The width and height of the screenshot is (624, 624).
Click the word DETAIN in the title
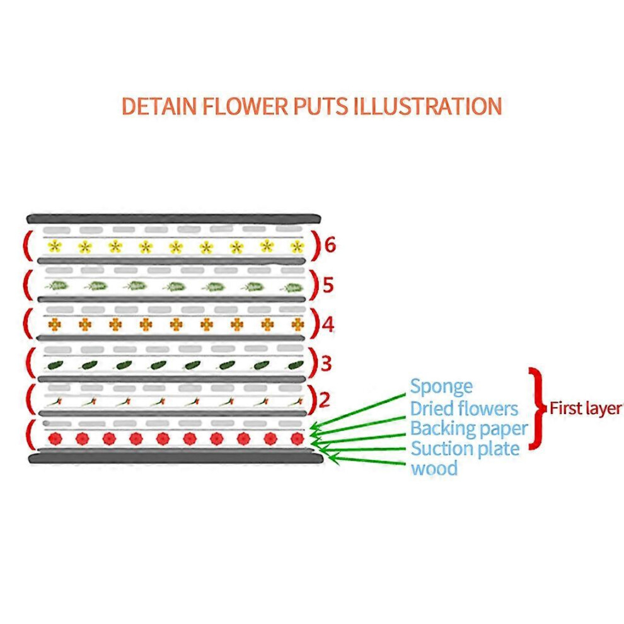pyautogui.click(x=159, y=107)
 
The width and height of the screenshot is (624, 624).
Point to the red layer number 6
pyautogui.click(x=330, y=245)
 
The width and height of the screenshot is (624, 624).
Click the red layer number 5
pyautogui.click(x=328, y=285)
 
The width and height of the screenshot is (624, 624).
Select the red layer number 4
pyautogui.click(x=328, y=325)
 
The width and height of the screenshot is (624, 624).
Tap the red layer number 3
pyautogui.click(x=326, y=363)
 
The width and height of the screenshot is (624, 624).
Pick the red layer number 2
pyautogui.click(x=325, y=400)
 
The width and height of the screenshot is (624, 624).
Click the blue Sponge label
pyautogui.click(x=441, y=387)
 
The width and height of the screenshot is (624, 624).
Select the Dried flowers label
pyautogui.click(x=464, y=408)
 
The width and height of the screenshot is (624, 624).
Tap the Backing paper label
pyautogui.click(x=469, y=429)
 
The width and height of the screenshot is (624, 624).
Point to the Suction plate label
pyautogui.click(x=465, y=449)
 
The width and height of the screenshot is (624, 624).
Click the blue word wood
pyautogui.click(x=434, y=468)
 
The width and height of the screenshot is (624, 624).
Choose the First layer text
pyautogui.click(x=586, y=408)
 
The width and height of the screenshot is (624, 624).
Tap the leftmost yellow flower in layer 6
pyautogui.click(x=54, y=246)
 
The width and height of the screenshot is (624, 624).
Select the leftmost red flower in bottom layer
pyautogui.click(x=55, y=439)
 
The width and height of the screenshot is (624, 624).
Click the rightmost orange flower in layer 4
pyautogui.click(x=298, y=325)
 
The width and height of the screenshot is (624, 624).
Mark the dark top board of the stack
pyautogui.click(x=173, y=219)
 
